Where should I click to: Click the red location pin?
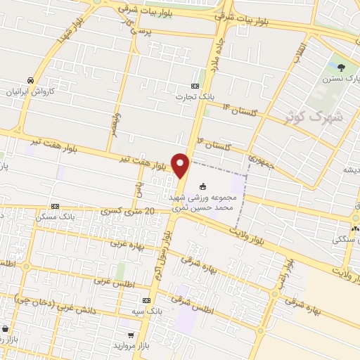pyautogui.click(x=181, y=165)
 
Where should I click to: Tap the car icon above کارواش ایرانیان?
pyautogui.click(x=30, y=80)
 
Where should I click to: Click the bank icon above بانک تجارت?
pyautogui.click(x=195, y=85)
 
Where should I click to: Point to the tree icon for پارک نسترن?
pyautogui.click(x=341, y=68)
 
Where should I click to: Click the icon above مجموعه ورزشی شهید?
pyautogui.click(x=204, y=186)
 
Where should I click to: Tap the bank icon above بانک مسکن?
pyautogui.click(x=55, y=206)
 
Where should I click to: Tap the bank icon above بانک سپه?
pyautogui.click(x=146, y=300)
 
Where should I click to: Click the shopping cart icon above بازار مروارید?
pyautogui.click(x=131, y=335)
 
